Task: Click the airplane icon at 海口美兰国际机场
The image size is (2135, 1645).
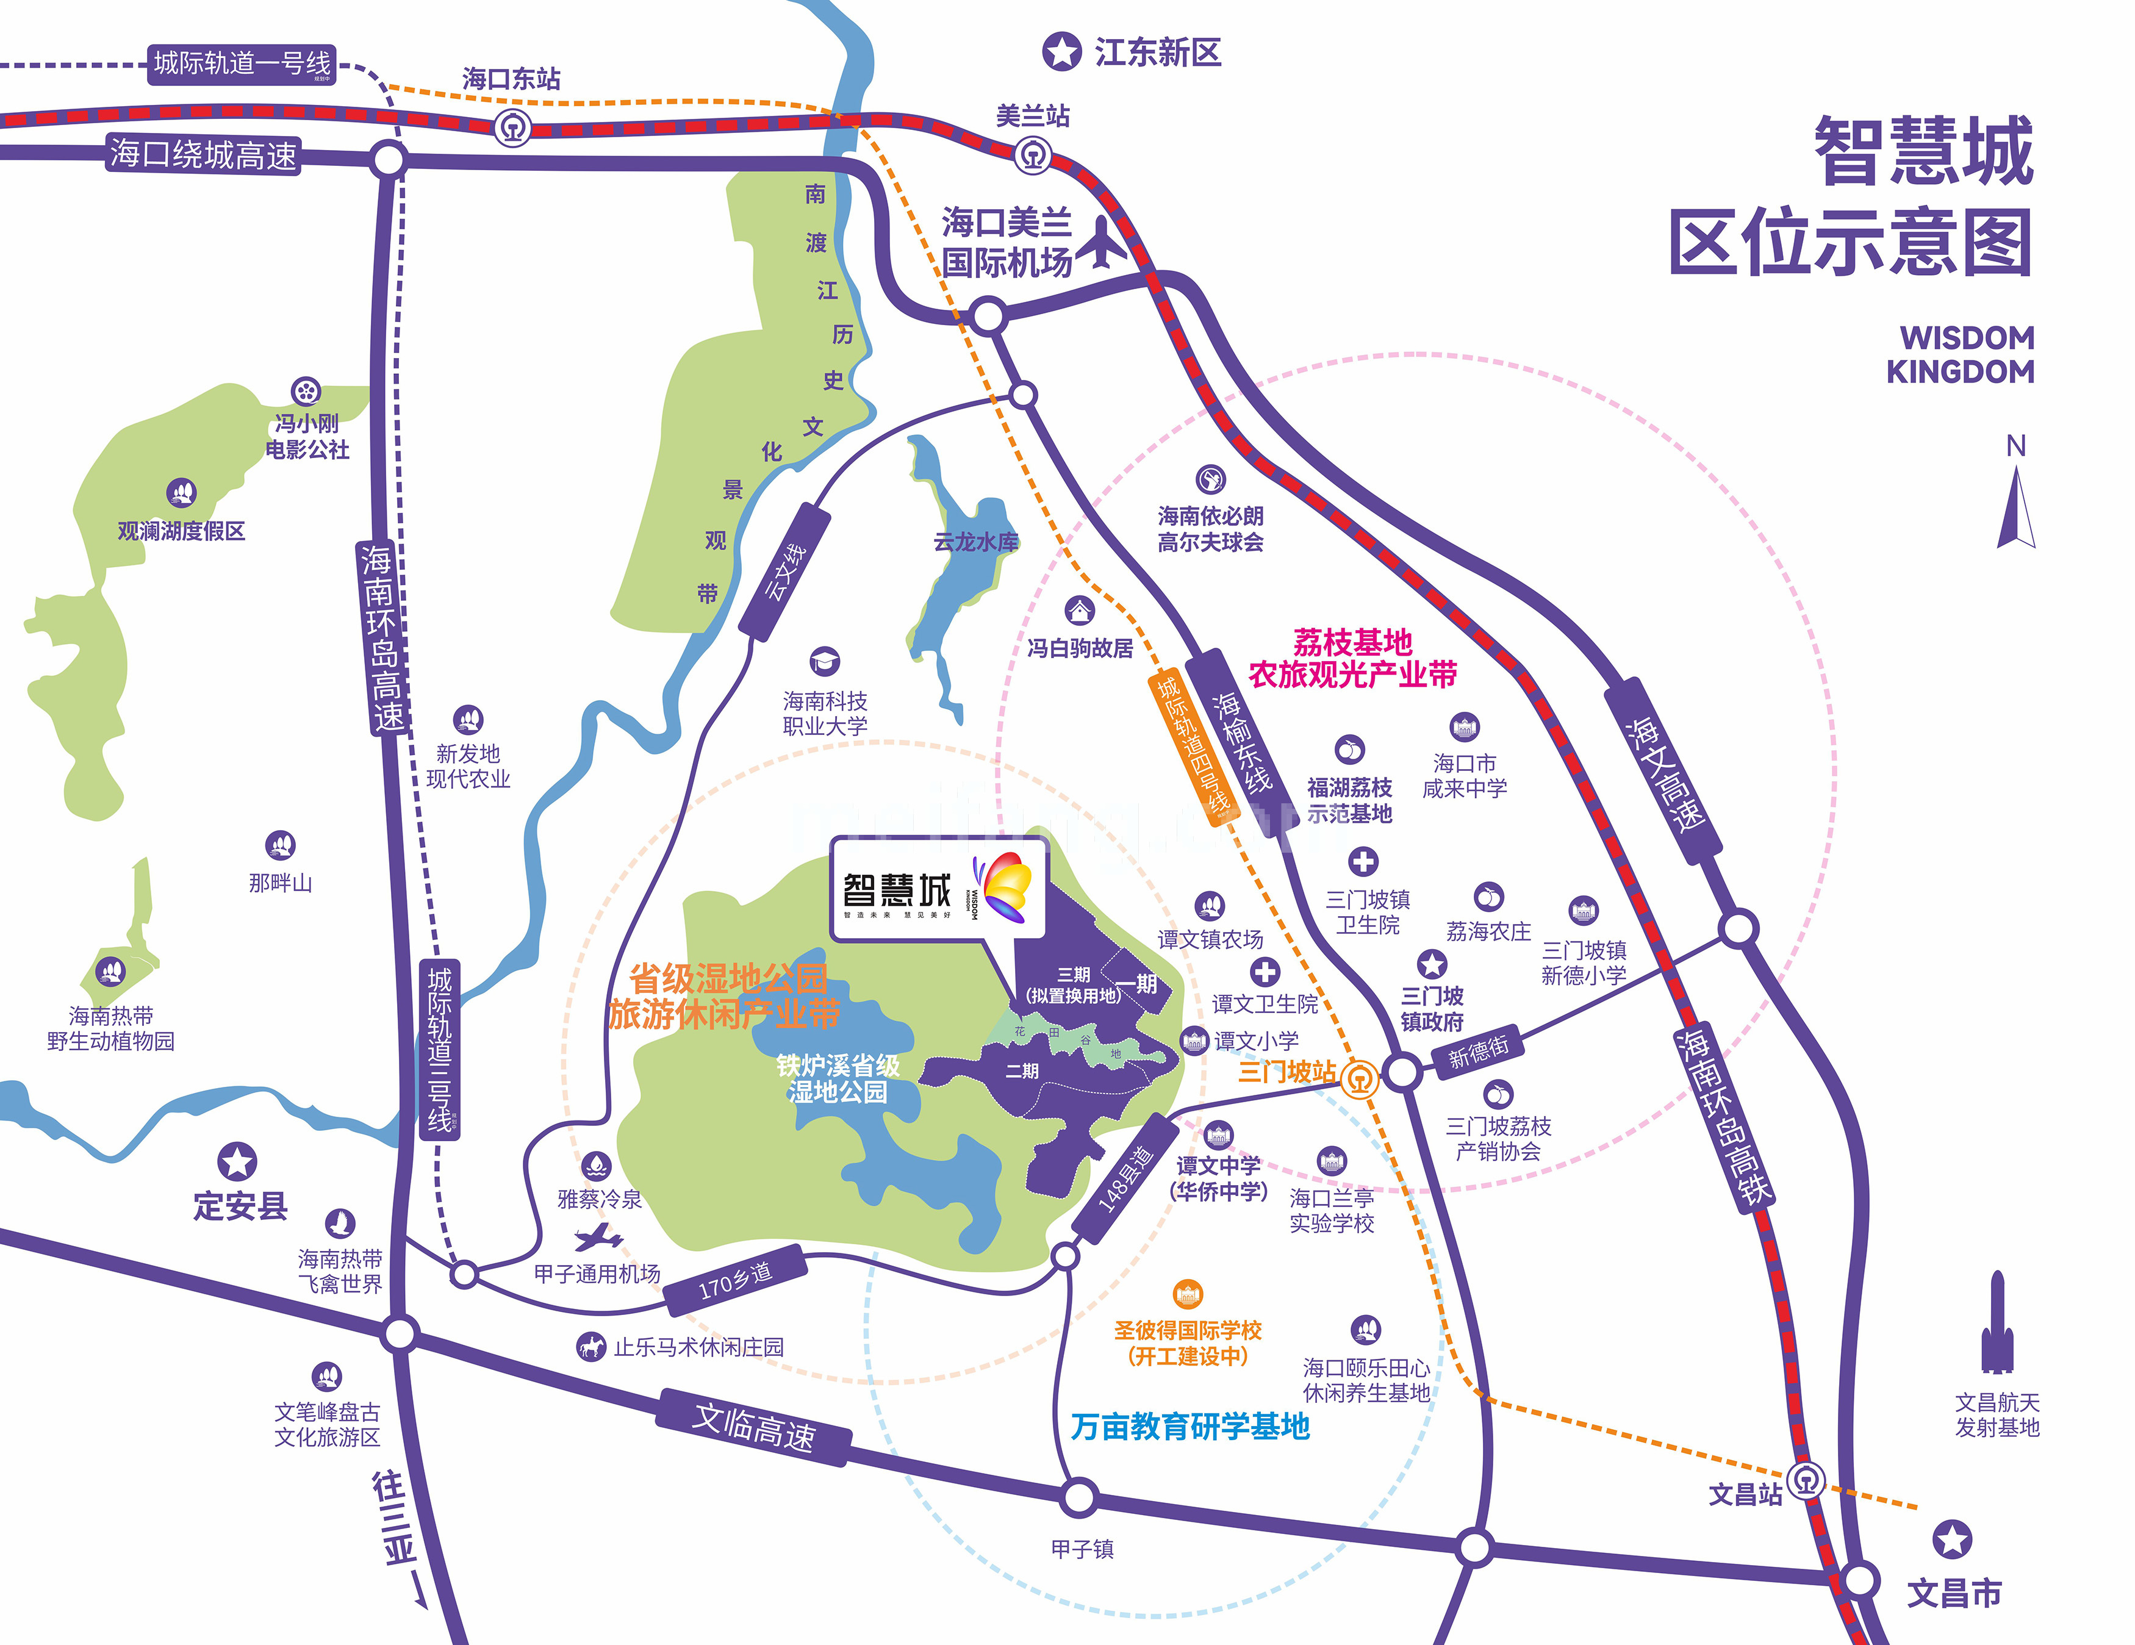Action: pos(1103,242)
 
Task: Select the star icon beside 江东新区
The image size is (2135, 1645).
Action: pos(1061,52)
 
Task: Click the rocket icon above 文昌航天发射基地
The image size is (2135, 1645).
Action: pos(1997,1324)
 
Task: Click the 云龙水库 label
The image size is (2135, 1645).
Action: pos(975,542)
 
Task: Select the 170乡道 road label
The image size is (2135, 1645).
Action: pos(735,1280)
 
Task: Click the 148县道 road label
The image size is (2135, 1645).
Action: pos(1126,1180)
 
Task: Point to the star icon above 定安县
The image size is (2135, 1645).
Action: pos(237,1161)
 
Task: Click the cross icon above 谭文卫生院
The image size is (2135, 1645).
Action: pos(1265,972)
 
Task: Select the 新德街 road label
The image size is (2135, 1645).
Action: pos(1478,1052)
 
